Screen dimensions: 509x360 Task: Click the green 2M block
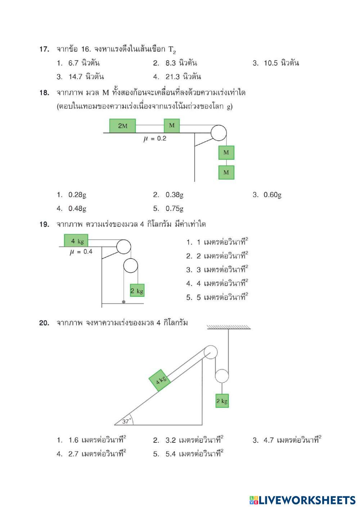(x=122, y=126)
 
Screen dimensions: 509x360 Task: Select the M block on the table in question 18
(x=172, y=126)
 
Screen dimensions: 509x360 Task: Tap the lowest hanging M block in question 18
(x=226, y=172)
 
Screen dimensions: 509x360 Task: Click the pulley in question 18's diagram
(x=219, y=133)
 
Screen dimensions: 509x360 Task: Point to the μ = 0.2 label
(x=155, y=138)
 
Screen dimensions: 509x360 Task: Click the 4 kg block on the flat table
(x=76, y=241)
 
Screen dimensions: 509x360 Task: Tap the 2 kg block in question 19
(x=137, y=291)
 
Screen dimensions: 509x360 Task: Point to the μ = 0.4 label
(x=81, y=252)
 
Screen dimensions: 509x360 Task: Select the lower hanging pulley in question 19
(x=130, y=266)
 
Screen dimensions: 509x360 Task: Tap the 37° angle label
(x=126, y=421)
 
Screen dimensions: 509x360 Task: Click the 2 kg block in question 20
(x=222, y=401)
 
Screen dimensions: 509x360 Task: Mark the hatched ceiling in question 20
(x=229, y=327)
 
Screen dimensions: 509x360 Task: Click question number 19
(x=44, y=224)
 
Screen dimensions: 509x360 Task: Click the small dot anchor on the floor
(x=123, y=301)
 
